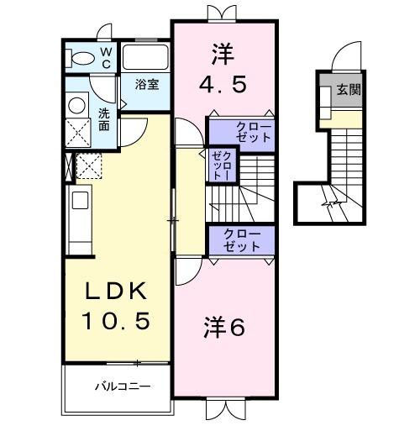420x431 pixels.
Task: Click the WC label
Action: pos(107,57)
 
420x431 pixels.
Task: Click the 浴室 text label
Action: pos(148,85)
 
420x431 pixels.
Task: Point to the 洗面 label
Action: pos(104,119)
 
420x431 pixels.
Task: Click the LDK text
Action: pos(116,292)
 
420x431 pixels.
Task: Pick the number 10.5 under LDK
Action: pos(116,320)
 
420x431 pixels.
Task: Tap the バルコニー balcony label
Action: pos(121,387)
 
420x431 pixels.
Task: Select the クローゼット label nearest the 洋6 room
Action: pos(242,240)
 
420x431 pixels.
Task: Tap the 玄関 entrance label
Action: pos(349,88)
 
